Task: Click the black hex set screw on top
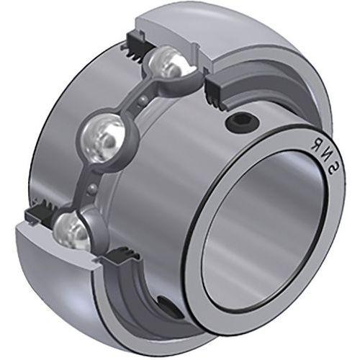coord(243,125)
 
